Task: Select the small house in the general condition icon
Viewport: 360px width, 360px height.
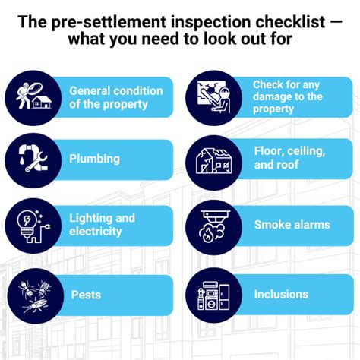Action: click(42, 103)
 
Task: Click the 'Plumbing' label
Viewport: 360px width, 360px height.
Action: click(94, 159)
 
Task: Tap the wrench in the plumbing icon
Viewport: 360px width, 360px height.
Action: click(36, 162)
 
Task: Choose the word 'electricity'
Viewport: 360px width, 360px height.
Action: click(96, 232)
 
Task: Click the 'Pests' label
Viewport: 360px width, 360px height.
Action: click(86, 295)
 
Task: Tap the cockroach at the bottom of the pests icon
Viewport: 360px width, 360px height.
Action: click(36, 305)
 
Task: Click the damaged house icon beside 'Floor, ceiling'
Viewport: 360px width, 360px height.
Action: click(214, 161)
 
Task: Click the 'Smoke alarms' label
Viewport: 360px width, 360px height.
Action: click(292, 225)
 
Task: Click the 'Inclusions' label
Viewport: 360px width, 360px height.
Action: click(281, 295)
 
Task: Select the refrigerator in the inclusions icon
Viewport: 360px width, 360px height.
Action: click(224, 297)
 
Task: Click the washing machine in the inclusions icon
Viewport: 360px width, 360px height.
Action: click(212, 301)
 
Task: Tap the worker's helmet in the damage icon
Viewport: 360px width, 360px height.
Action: click(224, 91)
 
